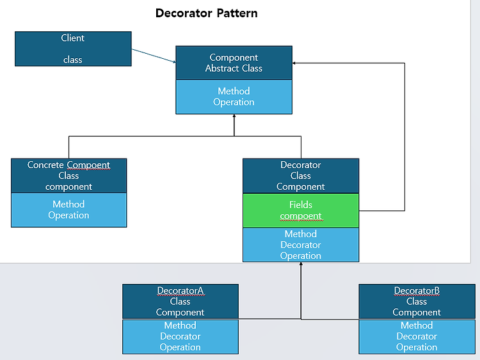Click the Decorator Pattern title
(x=207, y=13)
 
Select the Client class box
(x=73, y=49)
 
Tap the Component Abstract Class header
(x=234, y=63)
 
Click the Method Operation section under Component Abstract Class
(x=234, y=97)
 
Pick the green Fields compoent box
(x=301, y=210)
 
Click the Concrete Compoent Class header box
(x=69, y=176)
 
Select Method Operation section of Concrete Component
(x=69, y=210)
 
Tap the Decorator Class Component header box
(x=301, y=176)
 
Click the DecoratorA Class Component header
(x=180, y=302)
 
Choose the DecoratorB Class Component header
(x=417, y=302)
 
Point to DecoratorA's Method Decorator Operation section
(x=180, y=337)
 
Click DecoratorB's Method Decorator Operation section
(x=417, y=337)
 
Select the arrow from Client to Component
(x=154, y=56)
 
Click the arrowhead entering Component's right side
(x=294, y=63)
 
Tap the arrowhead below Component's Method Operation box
(x=234, y=116)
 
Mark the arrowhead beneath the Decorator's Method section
(x=301, y=263)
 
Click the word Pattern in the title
(x=237, y=13)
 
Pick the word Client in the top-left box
(x=72, y=38)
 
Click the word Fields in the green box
(x=301, y=205)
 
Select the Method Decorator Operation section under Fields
(x=301, y=245)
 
